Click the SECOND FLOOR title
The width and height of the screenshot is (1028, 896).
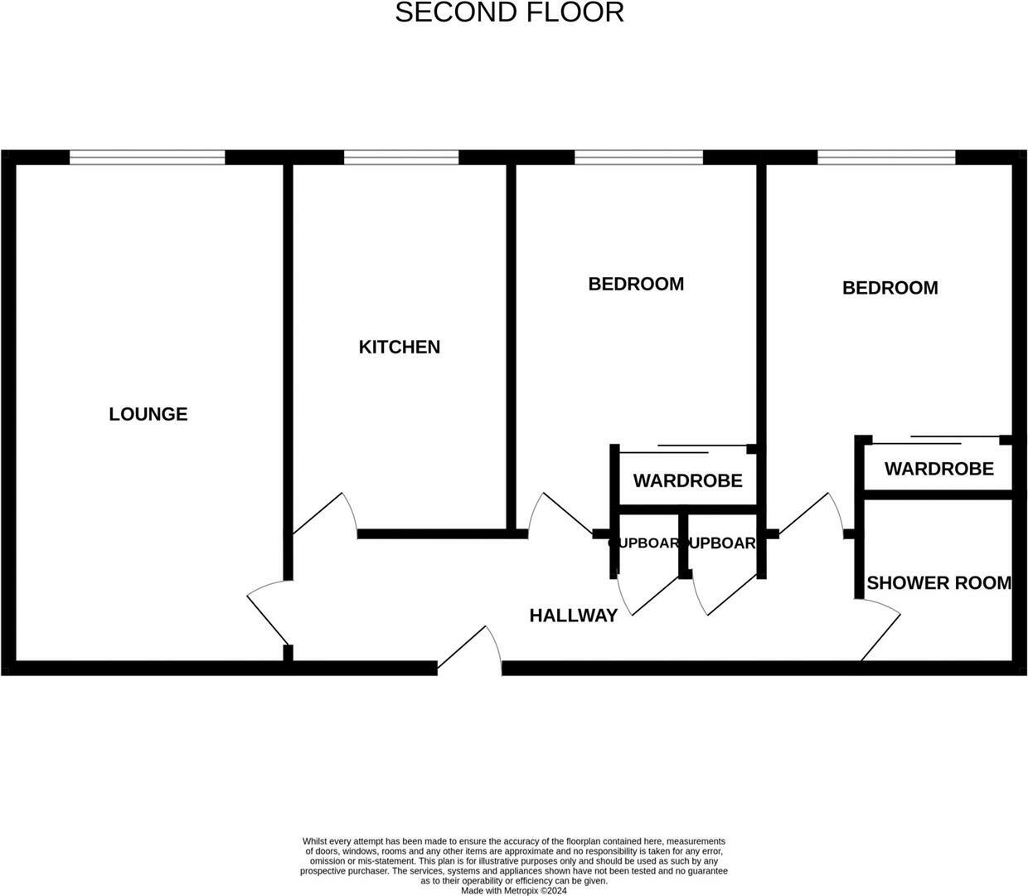[x=509, y=13]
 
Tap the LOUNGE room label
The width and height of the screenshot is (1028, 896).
[x=148, y=414]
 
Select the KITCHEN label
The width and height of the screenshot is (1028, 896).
[x=399, y=347]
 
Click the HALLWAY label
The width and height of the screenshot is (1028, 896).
[x=573, y=616]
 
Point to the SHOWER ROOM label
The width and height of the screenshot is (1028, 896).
[x=938, y=583]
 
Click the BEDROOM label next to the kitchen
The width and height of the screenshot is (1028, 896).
[x=636, y=285]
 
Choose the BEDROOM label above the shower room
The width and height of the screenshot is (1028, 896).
[x=890, y=288]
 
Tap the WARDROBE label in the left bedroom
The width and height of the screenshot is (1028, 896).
[x=687, y=481]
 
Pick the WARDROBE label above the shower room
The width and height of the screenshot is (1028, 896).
[x=938, y=470]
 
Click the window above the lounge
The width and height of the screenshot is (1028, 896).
[x=148, y=158]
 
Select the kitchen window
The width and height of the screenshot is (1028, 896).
[x=401, y=158]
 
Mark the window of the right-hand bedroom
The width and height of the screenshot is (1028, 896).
[x=886, y=158]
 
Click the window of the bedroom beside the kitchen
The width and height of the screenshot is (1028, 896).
[x=638, y=158]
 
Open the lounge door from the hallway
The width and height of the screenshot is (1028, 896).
[x=267, y=614]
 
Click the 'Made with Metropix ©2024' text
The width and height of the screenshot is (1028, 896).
[x=513, y=891]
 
